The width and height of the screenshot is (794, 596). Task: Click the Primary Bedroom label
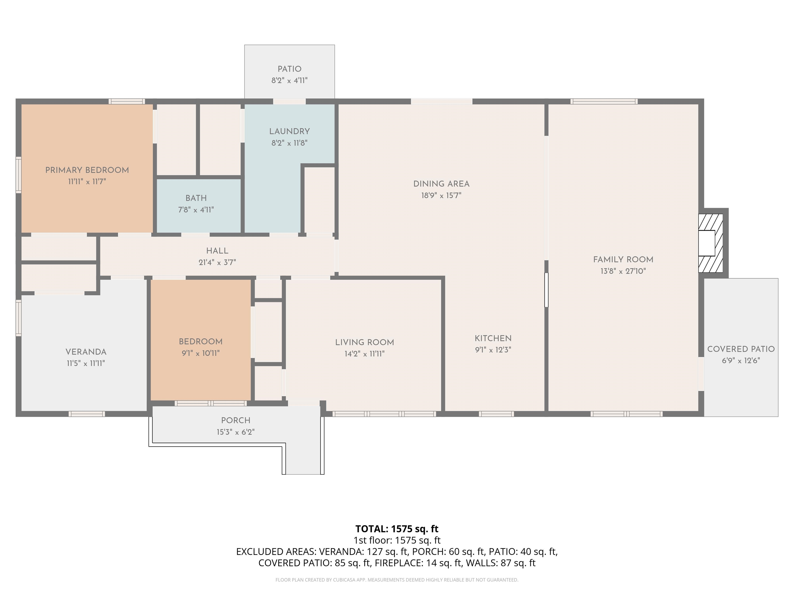point(87,170)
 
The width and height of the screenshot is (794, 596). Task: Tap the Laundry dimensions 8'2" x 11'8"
point(289,143)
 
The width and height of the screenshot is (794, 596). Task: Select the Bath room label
point(196,198)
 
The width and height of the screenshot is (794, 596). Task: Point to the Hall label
point(217,251)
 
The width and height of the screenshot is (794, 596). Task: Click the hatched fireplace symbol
point(710,243)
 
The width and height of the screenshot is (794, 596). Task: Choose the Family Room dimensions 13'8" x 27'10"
point(623,271)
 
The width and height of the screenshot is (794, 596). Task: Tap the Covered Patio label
point(741,349)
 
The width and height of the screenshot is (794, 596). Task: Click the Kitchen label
point(493,338)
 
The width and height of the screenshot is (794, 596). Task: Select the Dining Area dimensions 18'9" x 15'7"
point(441,196)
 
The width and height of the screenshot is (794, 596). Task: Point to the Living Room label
point(364,343)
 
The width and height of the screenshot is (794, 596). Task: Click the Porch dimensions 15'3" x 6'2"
point(235,432)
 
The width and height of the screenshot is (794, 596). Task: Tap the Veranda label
point(86,352)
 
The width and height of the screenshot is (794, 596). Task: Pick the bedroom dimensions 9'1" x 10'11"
point(201,353)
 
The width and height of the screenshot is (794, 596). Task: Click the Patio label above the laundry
point(289,69)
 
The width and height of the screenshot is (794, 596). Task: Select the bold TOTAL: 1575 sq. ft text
point(397,529)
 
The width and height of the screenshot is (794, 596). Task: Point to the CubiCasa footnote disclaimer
point(397,580)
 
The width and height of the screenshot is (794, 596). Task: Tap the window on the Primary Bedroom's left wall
point(18,175)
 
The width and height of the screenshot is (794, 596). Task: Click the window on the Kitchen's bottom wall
point(496,414)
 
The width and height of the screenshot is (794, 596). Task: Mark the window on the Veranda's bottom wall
point(87,414)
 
